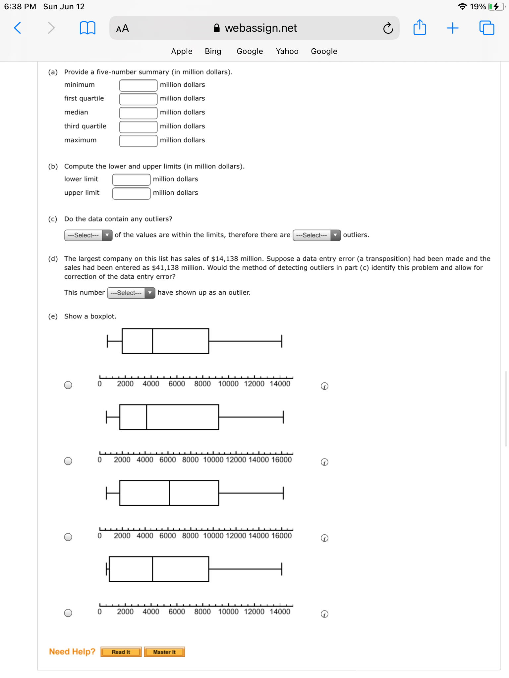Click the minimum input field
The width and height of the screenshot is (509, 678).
(138, 85)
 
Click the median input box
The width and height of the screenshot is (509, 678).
(138, 113)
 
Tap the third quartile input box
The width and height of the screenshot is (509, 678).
(138, 126)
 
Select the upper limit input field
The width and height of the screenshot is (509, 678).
(131, 193)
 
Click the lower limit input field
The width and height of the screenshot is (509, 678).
(131, 179)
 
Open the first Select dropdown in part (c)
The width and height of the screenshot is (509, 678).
(88, 235)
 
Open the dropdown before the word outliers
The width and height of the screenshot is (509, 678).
(316, 235)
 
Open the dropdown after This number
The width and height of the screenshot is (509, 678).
(131, 293)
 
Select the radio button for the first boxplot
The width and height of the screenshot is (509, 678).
(68, 385)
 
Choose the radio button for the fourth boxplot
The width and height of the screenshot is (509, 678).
(68, 613)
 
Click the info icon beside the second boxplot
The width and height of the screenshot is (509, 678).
(324, 462)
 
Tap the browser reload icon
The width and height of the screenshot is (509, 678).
(388, 28)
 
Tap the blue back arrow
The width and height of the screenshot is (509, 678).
(18, 28)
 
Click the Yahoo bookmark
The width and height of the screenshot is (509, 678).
(287, 51)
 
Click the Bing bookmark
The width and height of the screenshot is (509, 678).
(213, 51)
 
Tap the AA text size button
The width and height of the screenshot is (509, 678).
(122, 28)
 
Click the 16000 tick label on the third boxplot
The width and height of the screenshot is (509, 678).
(281, 536)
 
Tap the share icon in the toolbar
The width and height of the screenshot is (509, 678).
(420, 28)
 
